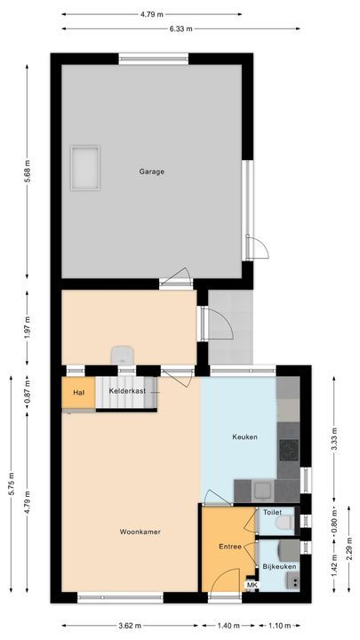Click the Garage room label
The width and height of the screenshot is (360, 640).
pyautogui.click(x=151, y=172)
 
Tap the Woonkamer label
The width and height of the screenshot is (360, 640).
pyautogui.click(x=140, y=532)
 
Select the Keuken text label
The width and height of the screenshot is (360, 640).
pyautogui.click(x=244, y=436)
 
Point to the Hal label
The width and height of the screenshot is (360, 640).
pyautogui.click(x=78, y=392)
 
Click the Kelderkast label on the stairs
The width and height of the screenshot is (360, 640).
pyautogui.click(x=126, y=391)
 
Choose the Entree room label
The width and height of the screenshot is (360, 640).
pyautogui.click(x=230, y=547)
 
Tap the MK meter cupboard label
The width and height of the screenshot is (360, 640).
pyautogui.click(x=252, y=585)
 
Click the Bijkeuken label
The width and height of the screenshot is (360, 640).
pyautogui.click(x=278, y=566)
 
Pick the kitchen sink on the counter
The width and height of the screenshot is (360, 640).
pyautogui.click(x=262, y=488)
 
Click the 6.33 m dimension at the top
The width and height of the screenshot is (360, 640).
pyautogui.click(x=180, y=28)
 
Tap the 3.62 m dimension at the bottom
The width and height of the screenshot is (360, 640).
pyautogui.click(x=131, y=625)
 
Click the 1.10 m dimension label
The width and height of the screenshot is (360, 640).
pyautogui.click(x=281, y=625)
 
